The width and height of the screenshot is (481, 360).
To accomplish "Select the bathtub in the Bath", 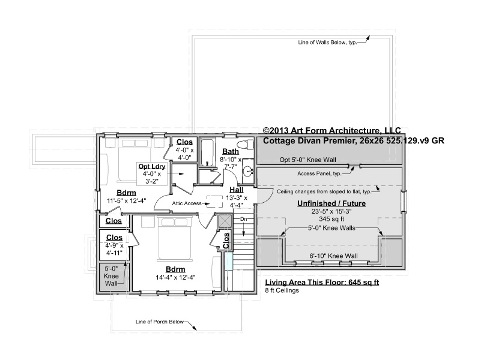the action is pos(207,153).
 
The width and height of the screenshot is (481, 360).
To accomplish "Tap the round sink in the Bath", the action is pos(247,171).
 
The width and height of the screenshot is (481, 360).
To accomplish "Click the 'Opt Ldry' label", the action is pos(152,166).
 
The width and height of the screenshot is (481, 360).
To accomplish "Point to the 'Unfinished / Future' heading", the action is pos(331,203).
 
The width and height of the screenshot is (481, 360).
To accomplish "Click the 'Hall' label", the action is pos(236,190).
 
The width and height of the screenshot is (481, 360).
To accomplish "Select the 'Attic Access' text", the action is pos(187,203).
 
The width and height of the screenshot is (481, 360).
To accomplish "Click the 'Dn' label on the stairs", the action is pos(244,219).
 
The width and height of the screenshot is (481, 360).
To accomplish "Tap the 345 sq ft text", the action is pos(331,219).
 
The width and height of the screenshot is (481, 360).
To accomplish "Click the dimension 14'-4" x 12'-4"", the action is pos(175,278).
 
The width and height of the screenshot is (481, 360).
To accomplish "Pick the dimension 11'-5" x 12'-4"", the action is pos(126,201).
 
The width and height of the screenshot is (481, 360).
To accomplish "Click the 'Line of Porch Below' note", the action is pos(160,322).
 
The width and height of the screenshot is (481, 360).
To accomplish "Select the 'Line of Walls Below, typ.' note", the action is pos(327,42).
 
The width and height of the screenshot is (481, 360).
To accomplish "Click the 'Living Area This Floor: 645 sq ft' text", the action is pos(322,282).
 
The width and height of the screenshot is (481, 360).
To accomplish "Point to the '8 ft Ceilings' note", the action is pos(282,290).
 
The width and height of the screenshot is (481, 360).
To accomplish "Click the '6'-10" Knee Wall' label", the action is pos(333,256).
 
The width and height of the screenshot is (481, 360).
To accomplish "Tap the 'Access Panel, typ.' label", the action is pos(319,174).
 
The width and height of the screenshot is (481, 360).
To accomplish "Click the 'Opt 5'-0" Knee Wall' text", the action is pos(307,160).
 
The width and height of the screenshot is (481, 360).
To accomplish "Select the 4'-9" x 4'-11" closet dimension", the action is pos(114,250).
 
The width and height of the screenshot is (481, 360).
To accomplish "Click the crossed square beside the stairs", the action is pos(225,220).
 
